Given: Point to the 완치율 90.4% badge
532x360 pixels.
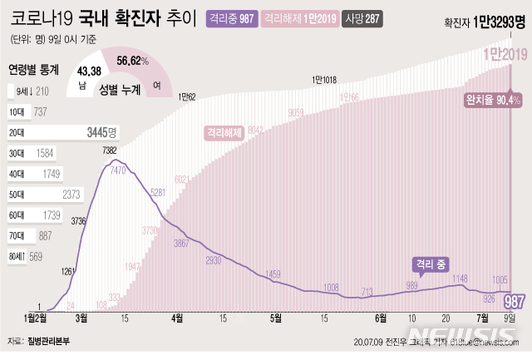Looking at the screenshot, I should point(493,101).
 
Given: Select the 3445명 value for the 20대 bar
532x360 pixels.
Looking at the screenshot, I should point(103,132).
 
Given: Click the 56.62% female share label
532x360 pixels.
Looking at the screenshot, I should point(133,61).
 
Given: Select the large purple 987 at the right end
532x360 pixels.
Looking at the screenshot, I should point(514,300).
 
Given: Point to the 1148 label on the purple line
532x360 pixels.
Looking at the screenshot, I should point(461,279).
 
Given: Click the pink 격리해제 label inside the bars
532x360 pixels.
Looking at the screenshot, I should point(225,132).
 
